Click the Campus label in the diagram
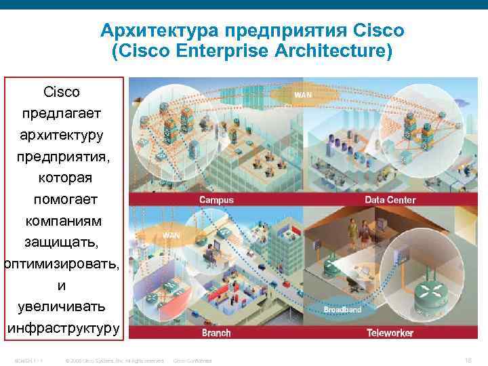(216, 200)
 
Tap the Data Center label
(390, 200)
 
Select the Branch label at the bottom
(216, 333)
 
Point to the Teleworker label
(390, 333)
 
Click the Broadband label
(342, 310)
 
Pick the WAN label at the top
(303, 96)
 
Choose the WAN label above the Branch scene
(171, 235)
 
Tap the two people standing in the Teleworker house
(359, 235)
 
